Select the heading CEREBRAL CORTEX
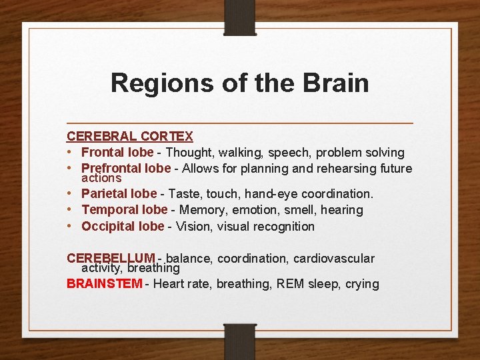point(129,137)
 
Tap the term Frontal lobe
point(117,153)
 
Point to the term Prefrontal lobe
point(126,169)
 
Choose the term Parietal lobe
point(119,194)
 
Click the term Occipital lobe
point(123,226)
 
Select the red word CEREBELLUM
point(111,259)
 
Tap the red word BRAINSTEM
point(105,284)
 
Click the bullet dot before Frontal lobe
point(70,153)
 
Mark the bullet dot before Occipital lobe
point(70,226)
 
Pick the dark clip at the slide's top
point(240,17)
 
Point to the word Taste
point(184,194)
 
